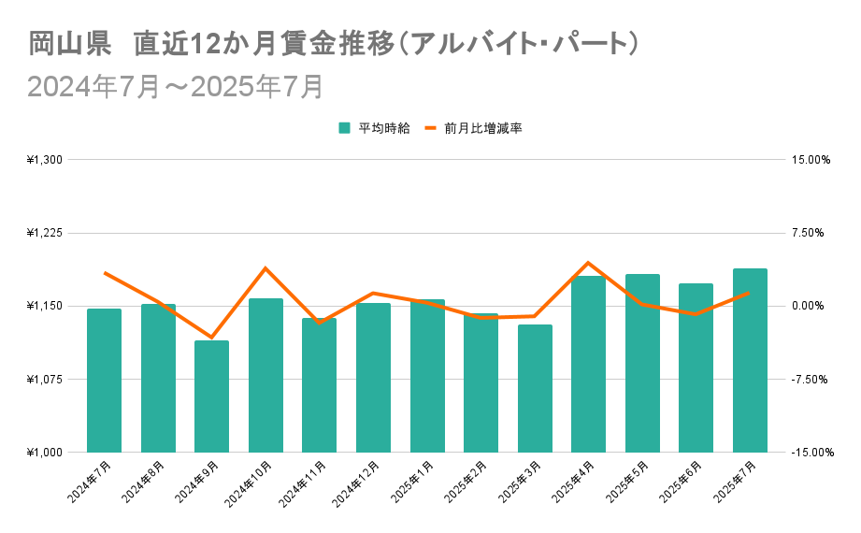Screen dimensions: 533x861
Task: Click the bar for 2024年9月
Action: coord(211,396)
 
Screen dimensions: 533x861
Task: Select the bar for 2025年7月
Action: coord(750,360)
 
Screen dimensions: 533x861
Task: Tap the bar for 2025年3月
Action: coord(535,388)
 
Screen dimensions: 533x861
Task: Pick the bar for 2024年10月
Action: coord(265,375)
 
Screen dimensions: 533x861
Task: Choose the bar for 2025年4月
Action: coord(588,364)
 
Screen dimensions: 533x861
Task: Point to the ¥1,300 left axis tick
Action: coord(44,160)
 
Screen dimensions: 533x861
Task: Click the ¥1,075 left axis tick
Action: coord(44,379)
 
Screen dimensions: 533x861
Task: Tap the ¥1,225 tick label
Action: coord(44,233)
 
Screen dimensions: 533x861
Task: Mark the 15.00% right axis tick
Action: coord(811,160)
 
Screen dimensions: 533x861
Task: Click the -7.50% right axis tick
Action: coord(811,379)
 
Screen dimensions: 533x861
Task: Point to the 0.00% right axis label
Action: coord(811,306)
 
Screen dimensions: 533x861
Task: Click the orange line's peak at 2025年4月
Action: coord(588,263)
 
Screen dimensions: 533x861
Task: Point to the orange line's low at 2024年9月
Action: coord(211,337)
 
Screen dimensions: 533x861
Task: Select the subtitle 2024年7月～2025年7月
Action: coord(176,86)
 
